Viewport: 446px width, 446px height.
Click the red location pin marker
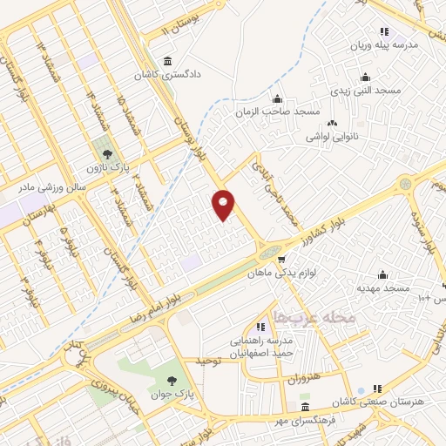(224, 204)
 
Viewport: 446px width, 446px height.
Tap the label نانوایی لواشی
(333, 137)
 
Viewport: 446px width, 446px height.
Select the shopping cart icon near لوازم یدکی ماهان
(280, 259)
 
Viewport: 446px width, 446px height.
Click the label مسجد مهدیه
(382, 287)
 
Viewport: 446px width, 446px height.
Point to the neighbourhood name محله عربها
(314, 317)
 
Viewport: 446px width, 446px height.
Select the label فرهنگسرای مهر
(305, 420)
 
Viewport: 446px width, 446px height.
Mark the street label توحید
(211, 360)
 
